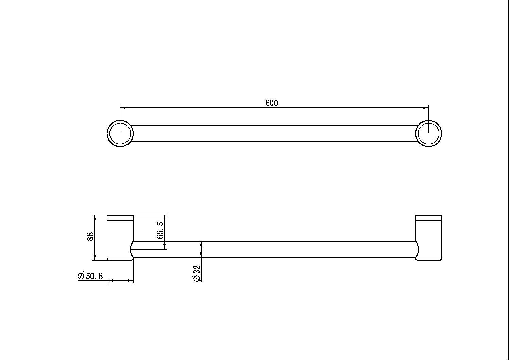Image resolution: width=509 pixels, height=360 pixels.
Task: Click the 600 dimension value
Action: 272,103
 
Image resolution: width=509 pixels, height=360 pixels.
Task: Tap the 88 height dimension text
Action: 90,236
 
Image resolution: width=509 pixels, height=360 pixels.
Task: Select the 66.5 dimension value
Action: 160,230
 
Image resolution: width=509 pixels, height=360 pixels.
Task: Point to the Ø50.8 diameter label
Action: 90,276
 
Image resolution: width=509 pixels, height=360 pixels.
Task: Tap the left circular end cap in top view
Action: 120,133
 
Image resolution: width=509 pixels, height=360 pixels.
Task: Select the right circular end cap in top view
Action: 428,133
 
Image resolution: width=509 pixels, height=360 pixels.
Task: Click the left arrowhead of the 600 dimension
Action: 123,108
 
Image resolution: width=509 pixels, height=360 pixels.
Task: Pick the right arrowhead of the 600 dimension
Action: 426,108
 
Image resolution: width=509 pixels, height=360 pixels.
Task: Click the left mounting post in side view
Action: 120,238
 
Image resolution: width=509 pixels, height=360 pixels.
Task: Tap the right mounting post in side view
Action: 429,238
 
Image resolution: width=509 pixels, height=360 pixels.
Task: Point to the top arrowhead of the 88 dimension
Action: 95,217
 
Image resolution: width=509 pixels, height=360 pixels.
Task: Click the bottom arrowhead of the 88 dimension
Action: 95,258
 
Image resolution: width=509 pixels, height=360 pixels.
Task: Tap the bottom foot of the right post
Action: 429,259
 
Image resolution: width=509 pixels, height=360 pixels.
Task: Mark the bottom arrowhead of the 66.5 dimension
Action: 165,247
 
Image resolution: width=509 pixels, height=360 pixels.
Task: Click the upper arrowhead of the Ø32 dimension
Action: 202,243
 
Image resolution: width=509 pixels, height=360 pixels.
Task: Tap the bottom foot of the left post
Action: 120,259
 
